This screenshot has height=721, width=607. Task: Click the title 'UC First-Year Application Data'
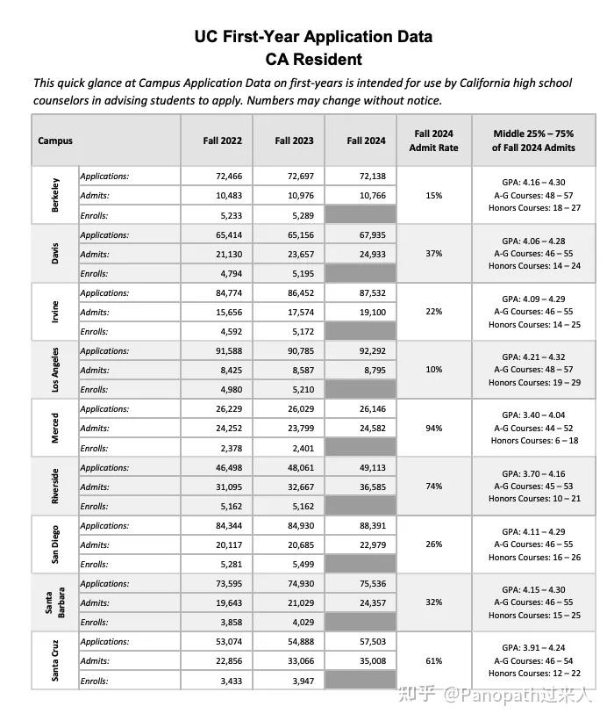(313, 37)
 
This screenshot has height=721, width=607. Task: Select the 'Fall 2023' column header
(293, 141)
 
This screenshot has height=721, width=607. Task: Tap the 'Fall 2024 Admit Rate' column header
(433, 141)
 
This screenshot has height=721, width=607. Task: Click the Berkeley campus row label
(55, 195)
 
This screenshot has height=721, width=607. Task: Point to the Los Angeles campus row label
(55, 370)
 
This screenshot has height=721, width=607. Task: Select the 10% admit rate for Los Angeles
(433, 370)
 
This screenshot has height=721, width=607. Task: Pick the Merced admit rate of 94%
(433, 429)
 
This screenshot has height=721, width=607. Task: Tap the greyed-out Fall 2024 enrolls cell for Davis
(361, 274)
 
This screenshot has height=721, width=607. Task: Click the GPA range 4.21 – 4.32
(534, 357)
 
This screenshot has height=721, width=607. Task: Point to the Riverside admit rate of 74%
(433, 487)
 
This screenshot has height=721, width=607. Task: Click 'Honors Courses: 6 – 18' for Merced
(534, 441)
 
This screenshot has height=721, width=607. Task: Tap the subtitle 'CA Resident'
(313, 60)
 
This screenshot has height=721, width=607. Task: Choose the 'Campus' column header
(55, 141)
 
